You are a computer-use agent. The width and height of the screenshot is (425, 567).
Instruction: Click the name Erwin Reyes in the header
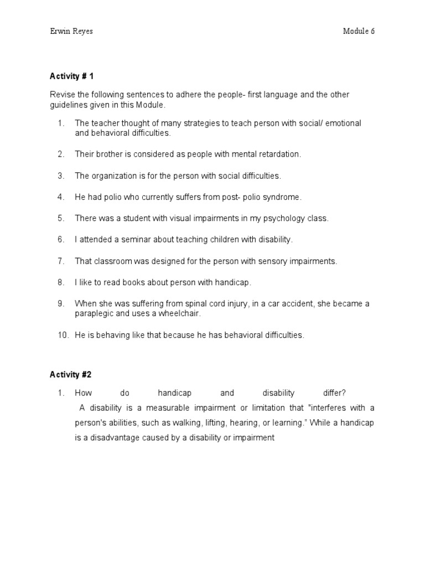[71, 31]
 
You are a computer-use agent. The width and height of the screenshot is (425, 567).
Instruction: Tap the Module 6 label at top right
[359, 31]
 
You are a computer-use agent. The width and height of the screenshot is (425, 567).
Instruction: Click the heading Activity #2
[70, 374]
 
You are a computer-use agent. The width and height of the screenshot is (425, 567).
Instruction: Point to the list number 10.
[63, 335]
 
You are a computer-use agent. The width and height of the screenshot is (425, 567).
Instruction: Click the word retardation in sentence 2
[280, 154]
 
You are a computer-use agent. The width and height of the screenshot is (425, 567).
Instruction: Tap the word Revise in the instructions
[61, 95]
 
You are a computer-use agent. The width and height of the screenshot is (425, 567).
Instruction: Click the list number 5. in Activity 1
[61, 218]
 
